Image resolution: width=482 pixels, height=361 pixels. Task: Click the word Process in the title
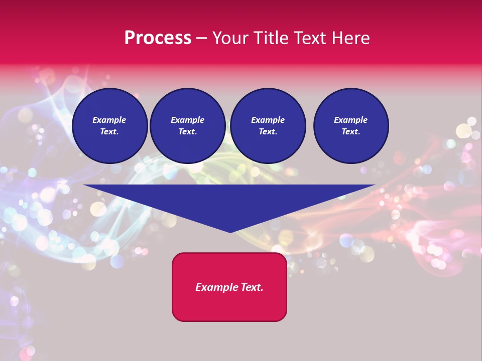[x=158, y=38]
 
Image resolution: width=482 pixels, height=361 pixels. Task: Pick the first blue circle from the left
[x=110, y=126]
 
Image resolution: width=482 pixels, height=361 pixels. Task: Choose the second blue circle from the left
[x=188, y=126]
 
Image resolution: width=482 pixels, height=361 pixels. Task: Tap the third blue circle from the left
[x=268, y=126]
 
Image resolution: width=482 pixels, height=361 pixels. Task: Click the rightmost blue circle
[x=351, y=126]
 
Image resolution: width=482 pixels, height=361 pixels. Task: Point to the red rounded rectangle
[x=229, y=287]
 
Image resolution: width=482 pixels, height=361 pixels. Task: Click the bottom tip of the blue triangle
[x=230, y=231]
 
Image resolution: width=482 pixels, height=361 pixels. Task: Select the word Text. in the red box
[x=251, y=287]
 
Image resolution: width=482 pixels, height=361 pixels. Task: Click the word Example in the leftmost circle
[x=109, y=120]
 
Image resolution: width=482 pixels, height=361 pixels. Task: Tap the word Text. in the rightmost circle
[x=351, y=131]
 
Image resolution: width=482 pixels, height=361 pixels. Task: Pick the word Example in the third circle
[x=268, y=120]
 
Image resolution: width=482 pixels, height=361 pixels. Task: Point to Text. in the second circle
[x=188, y=131]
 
